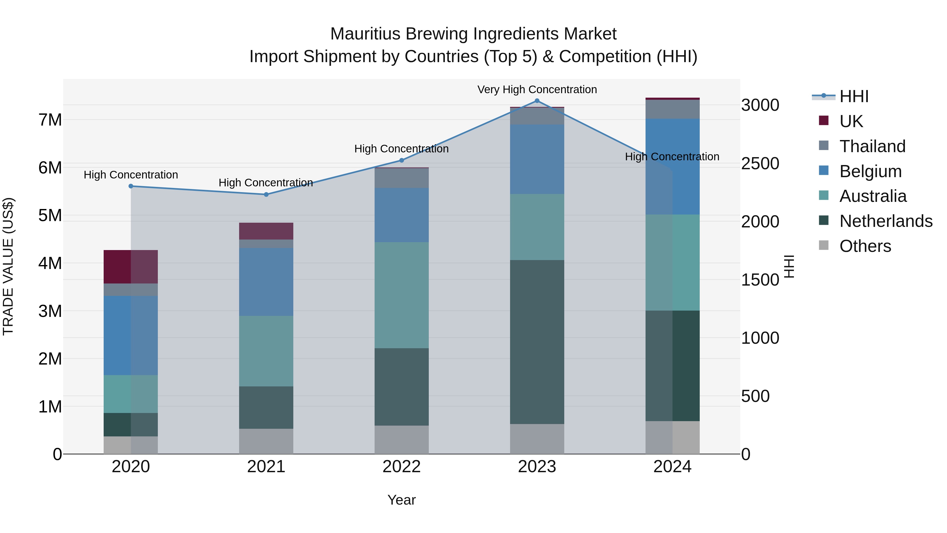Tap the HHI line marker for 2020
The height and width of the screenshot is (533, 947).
pyautogui.click(x=131, y=186)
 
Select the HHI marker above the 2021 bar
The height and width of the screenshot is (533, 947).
pyautogui.click(x=266, y=195)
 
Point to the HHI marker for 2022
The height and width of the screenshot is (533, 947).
pyautogui.click(x=401, y=160)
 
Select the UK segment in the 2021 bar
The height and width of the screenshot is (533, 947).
pyautogui.click(x=266, y=231)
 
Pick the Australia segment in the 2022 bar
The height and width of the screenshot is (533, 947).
pyautogui.click(x=401, y=295)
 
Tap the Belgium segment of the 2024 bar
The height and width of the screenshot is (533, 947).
pyautogui.click(x=672, y=167)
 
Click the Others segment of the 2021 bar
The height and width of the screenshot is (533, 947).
pyautogui.click(x=266, y=441)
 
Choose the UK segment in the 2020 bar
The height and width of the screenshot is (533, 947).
pyautogui.click(x=131, y=267)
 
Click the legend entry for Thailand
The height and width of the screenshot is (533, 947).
pyautogui.click(x=872, y=146)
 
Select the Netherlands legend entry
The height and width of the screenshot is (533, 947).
pyautogui.click(x=886, y=221)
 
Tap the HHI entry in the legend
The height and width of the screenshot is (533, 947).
pyautogui.click(x=854, y=96)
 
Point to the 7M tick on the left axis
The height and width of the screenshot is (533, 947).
pyautogui.click(x=50, y=120)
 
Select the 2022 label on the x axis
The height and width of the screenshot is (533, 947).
pyautogui.click(x=401, y=467)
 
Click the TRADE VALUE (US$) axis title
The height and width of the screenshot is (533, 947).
pyautogui.click(x=8, y=266)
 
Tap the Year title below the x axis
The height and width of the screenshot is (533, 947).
pyautogui.click(x=401, y=500)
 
